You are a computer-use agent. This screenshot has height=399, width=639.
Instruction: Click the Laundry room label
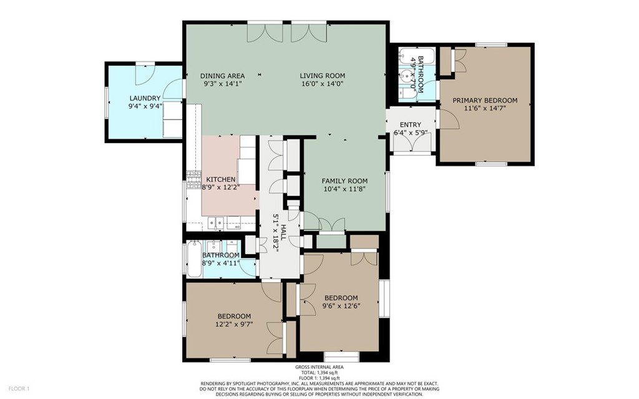[x=145, y=98]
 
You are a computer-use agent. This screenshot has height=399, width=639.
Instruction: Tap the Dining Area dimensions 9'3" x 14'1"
[x=223, y=84]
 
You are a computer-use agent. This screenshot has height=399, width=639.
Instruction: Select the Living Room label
[x=323, y=76]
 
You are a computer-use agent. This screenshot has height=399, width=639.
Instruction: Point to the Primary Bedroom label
[x=485, y=101]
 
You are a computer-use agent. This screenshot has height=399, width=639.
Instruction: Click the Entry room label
[x=411, y=125]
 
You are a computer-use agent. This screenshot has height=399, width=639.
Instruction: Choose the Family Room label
[x=344, y=180]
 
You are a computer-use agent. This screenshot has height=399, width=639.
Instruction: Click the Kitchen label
[x=220, y=179]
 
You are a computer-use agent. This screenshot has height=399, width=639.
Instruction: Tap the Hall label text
[x=284, y=232]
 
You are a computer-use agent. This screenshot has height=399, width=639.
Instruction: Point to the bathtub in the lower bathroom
[x=194, y=260]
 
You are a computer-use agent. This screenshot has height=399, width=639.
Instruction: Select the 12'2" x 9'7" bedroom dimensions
[x=234, y=325]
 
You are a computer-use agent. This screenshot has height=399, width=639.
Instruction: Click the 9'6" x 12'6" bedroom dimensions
[x=341, y=306]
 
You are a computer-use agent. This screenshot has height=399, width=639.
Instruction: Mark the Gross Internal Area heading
[x=319, y=367]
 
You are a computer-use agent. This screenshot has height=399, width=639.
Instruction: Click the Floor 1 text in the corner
[x=19, y=388]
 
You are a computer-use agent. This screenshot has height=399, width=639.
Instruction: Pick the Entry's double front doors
[x=411, y=144]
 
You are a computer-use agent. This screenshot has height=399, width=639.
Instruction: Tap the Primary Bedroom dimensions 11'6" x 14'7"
[x=485, y=109]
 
